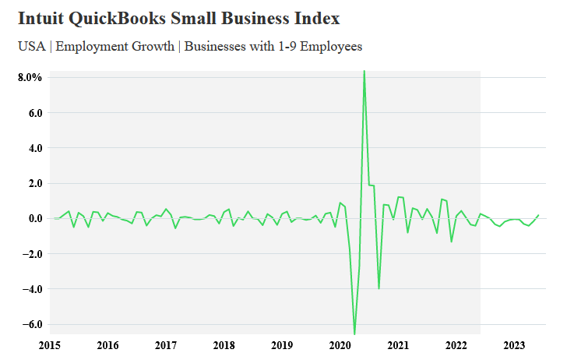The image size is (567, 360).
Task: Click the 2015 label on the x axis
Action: (x=50, y=345)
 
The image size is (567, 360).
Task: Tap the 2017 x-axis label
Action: (x=166, y=345)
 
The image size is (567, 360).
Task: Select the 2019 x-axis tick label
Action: (x=282, y=345)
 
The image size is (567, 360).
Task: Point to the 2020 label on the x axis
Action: (x=340, y=345)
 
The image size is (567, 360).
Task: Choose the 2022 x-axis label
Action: (x=456, y=345)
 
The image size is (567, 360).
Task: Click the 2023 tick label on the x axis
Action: (x=514, y=345)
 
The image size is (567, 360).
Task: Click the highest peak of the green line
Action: (x=364, y=72)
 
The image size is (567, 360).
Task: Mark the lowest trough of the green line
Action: (x=354, y=334)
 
